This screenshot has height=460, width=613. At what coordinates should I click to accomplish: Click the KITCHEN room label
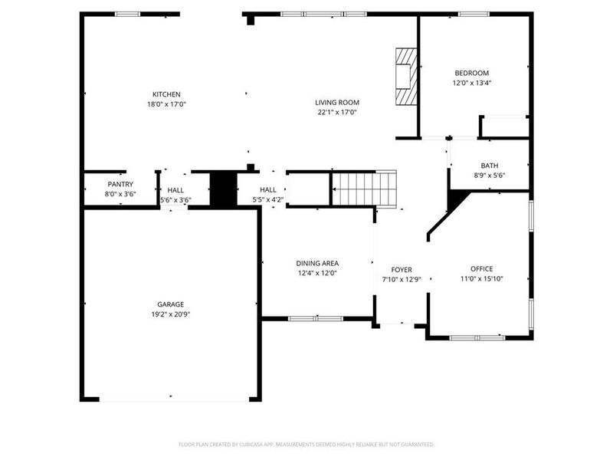click(166, 94)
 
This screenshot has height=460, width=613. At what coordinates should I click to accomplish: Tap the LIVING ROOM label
click(337, 102)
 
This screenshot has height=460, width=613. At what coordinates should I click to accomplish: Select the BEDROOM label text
click(471, 73)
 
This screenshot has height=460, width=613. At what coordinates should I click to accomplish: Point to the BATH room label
click(490, 166)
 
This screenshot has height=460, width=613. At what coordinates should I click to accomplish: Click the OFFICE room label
click(481, 268)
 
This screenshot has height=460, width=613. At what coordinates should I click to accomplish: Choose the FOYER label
click(402, 270)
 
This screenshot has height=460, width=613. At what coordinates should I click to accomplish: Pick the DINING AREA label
click(318, 263)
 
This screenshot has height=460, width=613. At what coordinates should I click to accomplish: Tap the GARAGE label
click(171, 304)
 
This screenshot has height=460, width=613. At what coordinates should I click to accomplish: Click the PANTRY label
click(120, 184)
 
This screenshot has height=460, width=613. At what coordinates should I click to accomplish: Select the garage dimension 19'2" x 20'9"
click(171, 314)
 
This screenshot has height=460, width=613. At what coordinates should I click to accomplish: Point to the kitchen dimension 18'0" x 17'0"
click(166, 104)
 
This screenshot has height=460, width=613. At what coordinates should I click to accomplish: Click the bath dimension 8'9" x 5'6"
click(490, 176)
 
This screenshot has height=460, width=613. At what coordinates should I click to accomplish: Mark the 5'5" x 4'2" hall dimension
click(268, 200)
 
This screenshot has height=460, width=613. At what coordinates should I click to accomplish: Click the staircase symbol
click(366, 189)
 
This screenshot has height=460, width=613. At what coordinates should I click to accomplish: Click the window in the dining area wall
click(316, 318)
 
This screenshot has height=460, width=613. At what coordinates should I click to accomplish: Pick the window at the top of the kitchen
click(127, 14)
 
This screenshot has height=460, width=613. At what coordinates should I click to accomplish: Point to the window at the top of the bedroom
click(474, 14)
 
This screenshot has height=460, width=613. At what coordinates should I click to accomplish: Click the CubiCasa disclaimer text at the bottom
click(306, 444)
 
